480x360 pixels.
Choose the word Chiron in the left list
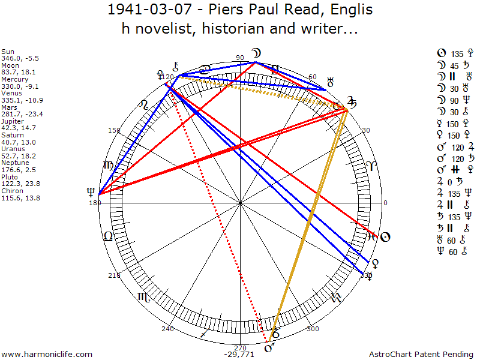tap(11, 191)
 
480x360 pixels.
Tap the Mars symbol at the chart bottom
tap(268, 349)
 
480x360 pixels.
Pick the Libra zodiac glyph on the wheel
tap(108, 236)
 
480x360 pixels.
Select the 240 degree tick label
tap(167, 329)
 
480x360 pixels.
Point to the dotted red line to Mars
tap(219, 216)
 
